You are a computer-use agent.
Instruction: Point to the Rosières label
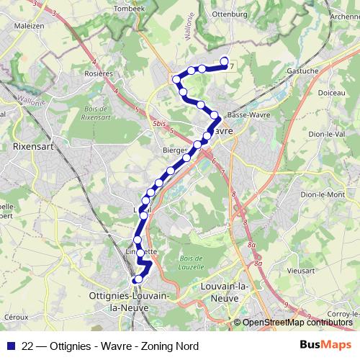[x=99, y=73]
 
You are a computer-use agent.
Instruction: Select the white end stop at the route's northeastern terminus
[x=224, y=61]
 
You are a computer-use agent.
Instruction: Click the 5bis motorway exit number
[x=159, y=123]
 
